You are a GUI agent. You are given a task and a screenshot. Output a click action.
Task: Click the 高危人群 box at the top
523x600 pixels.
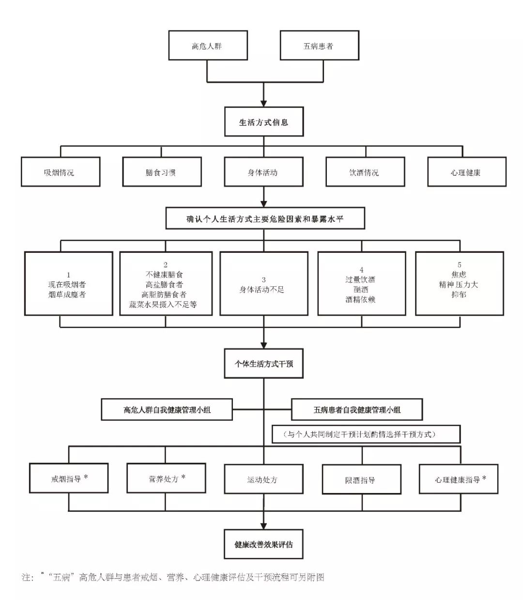[208, 46]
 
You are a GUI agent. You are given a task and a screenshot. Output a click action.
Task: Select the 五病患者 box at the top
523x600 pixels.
[320, 46]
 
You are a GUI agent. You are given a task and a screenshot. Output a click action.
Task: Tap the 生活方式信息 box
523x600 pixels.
[264, 123]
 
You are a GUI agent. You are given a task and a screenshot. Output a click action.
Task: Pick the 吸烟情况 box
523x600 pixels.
[61, 172]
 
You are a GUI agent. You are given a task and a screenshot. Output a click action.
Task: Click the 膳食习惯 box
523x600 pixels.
[162, 172]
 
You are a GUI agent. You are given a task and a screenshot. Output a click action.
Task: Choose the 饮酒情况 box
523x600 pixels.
[365, 172]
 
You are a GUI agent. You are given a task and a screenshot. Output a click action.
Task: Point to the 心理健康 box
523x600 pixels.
[467, 172]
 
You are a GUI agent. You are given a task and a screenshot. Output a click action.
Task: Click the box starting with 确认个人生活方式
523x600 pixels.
[265, 219]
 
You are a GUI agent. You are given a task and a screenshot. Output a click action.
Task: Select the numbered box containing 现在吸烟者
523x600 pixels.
[68, 284]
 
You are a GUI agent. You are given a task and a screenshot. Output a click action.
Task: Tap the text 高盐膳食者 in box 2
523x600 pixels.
[165, 284]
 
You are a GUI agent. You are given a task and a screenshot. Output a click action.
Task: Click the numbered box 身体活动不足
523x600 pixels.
[263, 284]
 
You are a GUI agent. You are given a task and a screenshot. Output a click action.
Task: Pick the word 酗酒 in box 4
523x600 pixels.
[361, 289]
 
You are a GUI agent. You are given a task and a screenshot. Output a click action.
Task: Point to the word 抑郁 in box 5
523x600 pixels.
[459, 294]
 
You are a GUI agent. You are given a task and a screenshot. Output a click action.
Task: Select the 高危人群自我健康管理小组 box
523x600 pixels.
[167, 410]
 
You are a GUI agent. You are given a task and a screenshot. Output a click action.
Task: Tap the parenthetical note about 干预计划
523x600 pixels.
[365, 434]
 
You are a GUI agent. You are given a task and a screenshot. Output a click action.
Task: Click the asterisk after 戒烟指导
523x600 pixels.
[86, 477]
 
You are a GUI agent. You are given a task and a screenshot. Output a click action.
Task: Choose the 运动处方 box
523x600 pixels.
[263, 479]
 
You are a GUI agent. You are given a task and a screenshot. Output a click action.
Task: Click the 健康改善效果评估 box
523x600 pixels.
[264, 544]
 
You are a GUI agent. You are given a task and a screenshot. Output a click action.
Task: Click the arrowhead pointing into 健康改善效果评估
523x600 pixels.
[264, 525]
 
